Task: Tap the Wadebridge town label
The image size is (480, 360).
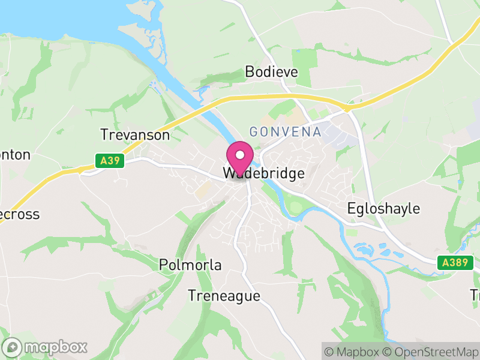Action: (x=264, y=173)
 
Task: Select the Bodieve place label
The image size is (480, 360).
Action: (x=271, y=72)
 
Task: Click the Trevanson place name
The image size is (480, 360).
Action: (x=135, y=134)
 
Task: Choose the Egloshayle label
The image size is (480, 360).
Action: (x=384, y=209)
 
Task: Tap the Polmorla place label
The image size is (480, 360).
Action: (x=190, y=265)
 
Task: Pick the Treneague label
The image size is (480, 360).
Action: (x=224, y=296)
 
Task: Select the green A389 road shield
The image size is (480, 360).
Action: (x=455, y=262)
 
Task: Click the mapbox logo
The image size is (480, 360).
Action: (x=46, y=347)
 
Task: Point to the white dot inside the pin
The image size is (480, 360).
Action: (x=240, y=155)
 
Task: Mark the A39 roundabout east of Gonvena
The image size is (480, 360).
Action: (x=347, y=108)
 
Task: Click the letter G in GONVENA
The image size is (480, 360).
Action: (x=254, y=131)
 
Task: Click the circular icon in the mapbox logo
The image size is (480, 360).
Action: (x=12, y=347)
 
